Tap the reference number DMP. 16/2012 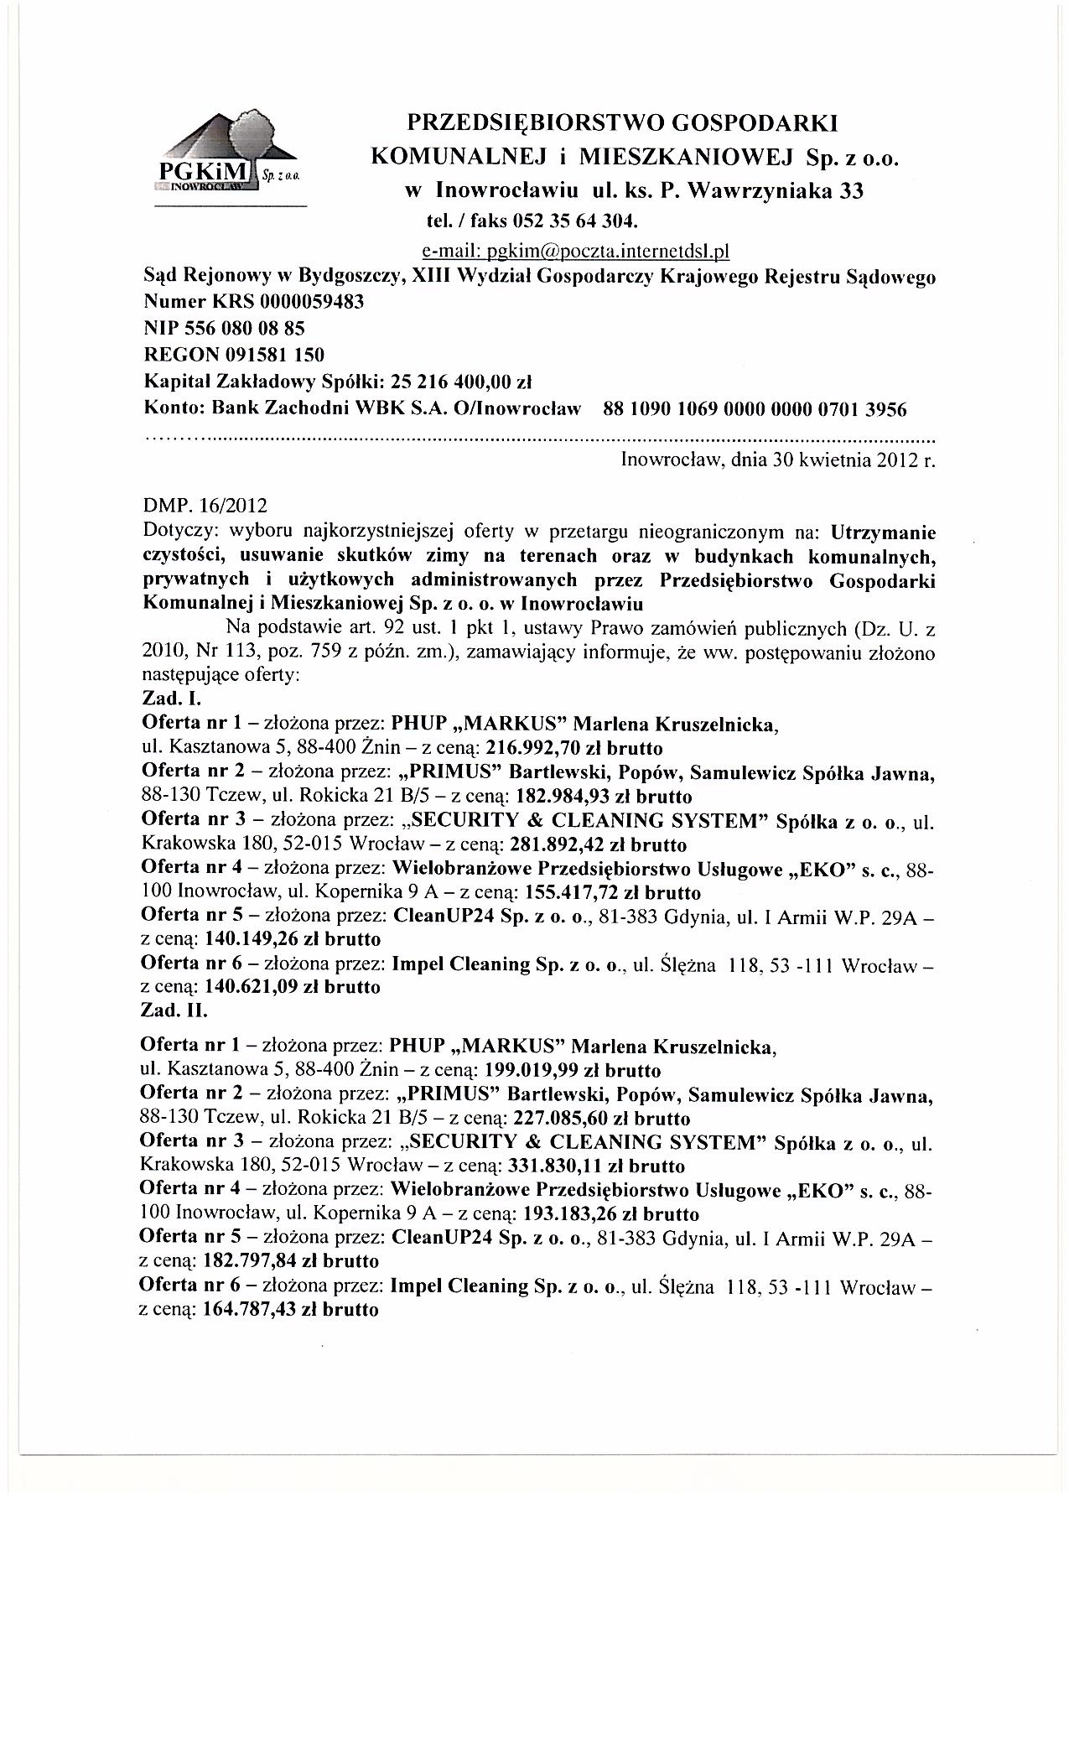tap(205, 506)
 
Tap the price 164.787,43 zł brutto tap(291, 1309)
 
